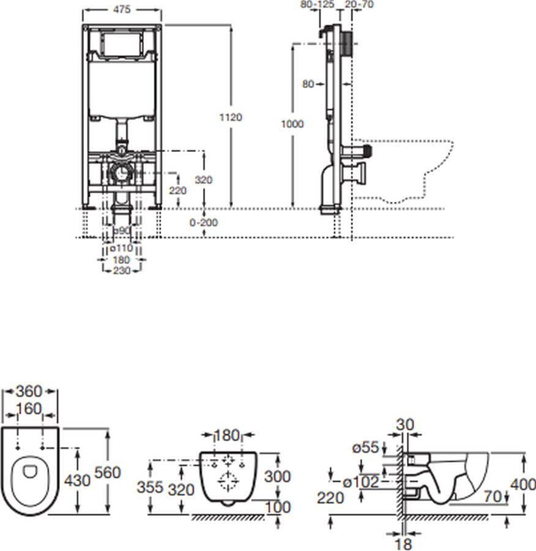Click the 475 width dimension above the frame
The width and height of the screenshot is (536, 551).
pos(122,9)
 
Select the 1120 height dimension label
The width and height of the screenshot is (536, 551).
pos(231,117)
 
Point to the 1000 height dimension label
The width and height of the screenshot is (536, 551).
pos(292,124)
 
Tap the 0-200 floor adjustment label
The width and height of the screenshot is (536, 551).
pos(204,222)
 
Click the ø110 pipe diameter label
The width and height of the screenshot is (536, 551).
pos(122,248)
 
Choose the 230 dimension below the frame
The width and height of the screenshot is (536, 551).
pos(122,270)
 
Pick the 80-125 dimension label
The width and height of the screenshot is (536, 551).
pos(317,4)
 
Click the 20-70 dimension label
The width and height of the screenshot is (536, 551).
pos(359,4)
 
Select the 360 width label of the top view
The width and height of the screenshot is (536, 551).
pos(29,391)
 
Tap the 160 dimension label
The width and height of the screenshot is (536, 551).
pos(29,409)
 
